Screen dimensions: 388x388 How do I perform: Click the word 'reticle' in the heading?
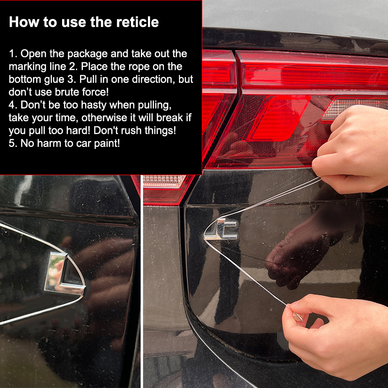point(137,22)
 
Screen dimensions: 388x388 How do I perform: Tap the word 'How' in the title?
point(24,22)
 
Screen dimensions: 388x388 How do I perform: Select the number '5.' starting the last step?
point(13,144)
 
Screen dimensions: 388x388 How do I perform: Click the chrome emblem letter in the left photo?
point(65,274)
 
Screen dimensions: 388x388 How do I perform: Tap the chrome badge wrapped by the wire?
point(221,229)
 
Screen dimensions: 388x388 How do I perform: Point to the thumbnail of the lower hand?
point(298,317)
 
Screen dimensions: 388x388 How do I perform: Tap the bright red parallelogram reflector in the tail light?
point(278,118)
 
